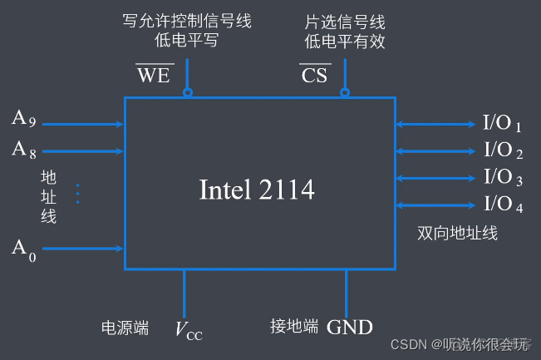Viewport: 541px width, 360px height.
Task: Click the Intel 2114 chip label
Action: click(257, 190)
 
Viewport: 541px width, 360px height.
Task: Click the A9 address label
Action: click(23, 119)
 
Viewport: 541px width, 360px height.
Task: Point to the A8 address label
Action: click(23, 149)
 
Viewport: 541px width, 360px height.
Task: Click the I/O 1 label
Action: click(502, 125)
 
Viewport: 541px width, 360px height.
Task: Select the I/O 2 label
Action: click(502, 151)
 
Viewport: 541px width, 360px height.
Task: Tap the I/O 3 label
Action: click(502, 178)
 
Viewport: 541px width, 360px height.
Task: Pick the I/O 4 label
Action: click(502, 205)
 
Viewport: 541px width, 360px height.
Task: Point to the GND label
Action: click(350, 327)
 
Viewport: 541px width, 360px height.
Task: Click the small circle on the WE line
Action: click(187, 93)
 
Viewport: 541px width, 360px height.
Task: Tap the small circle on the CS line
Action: click(345, 93)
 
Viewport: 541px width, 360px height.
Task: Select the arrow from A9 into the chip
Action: click(83, 125)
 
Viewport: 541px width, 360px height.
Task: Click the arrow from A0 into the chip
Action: click(83, 248)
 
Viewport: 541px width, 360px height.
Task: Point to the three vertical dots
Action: click(77, 194)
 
